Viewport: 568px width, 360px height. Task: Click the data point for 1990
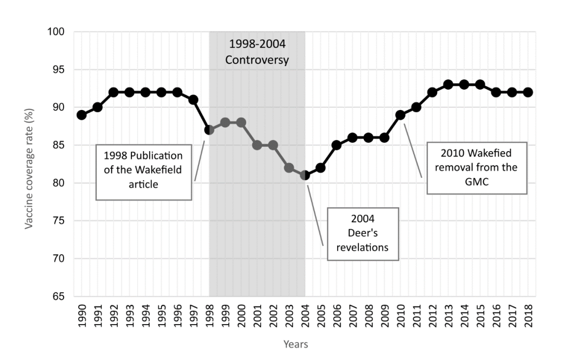point(81,115)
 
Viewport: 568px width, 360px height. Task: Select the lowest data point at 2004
point(305,176)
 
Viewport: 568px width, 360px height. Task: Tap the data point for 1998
point(209,130)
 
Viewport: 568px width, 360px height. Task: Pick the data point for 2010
point(400,115)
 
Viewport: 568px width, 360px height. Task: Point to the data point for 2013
point(448,84)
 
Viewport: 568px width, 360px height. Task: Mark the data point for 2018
point(528,92)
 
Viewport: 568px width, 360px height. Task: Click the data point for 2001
point(257,145)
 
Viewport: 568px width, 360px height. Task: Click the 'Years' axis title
point(295,344)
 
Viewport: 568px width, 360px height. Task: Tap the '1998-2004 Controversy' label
point(257,52)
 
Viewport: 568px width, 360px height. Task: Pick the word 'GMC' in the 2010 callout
point(477,181)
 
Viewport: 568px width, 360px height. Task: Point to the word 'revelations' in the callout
point(363,247)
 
